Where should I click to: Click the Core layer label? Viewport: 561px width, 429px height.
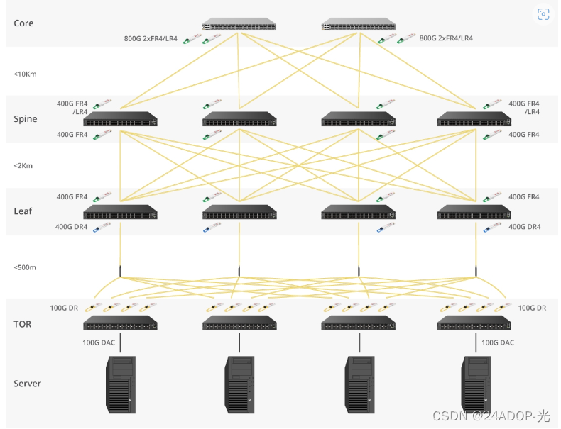[x=23, y=23]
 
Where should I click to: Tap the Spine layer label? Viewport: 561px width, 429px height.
[x=25, y=118]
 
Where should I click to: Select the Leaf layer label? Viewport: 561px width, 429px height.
[x=23, y=211]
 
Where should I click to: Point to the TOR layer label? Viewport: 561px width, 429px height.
[x=23, y=324]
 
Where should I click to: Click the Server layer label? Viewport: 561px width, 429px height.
[x=28, y=384]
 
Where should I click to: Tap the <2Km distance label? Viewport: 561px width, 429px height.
[x=23, y=165]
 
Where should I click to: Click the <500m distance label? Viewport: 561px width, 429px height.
[x=25, y=267]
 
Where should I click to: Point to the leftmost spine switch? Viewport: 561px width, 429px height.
[x=120, y=118]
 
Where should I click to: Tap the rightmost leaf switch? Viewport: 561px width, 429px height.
[x=475, y=211]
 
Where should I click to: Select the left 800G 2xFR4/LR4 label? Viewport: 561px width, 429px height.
[x=151, y=39]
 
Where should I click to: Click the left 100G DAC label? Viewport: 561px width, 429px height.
[x=99, y=342]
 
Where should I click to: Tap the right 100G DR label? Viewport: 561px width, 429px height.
[x=532, y=308]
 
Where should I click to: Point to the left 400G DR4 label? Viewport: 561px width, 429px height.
[x=72, y=227]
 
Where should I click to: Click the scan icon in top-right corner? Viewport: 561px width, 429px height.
[x=543, y=14]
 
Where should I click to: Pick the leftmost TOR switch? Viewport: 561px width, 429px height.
[x=120, y=323]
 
